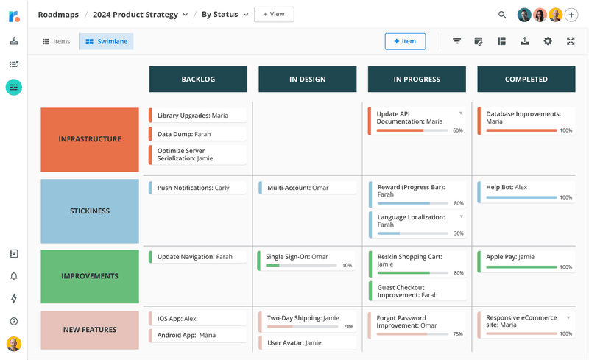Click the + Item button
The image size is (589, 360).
click(x=404, y=41)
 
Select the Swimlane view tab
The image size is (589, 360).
click(x=106, y=42)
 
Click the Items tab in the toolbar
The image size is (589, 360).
click(x=56, y=42)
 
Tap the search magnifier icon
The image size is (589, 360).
click(x=502, y=15)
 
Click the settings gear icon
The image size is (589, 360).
click(x=548, y=41)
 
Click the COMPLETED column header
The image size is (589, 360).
click(x=526, y=79)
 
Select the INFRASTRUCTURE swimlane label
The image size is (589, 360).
click(x=90, y=139)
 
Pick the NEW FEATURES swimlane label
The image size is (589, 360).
click(x=90, y=330)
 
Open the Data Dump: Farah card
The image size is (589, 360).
click(x=197, y=135)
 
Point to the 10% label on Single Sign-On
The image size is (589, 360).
click(x=347, y=266)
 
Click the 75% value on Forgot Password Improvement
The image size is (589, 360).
click(x=457, y=334)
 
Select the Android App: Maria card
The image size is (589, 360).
click(x=197, y=336)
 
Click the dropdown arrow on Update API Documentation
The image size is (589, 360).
click(x=461, y=113)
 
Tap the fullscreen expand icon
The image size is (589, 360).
click(x=571, y=41)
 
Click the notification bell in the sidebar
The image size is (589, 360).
click(x=14, y=276)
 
